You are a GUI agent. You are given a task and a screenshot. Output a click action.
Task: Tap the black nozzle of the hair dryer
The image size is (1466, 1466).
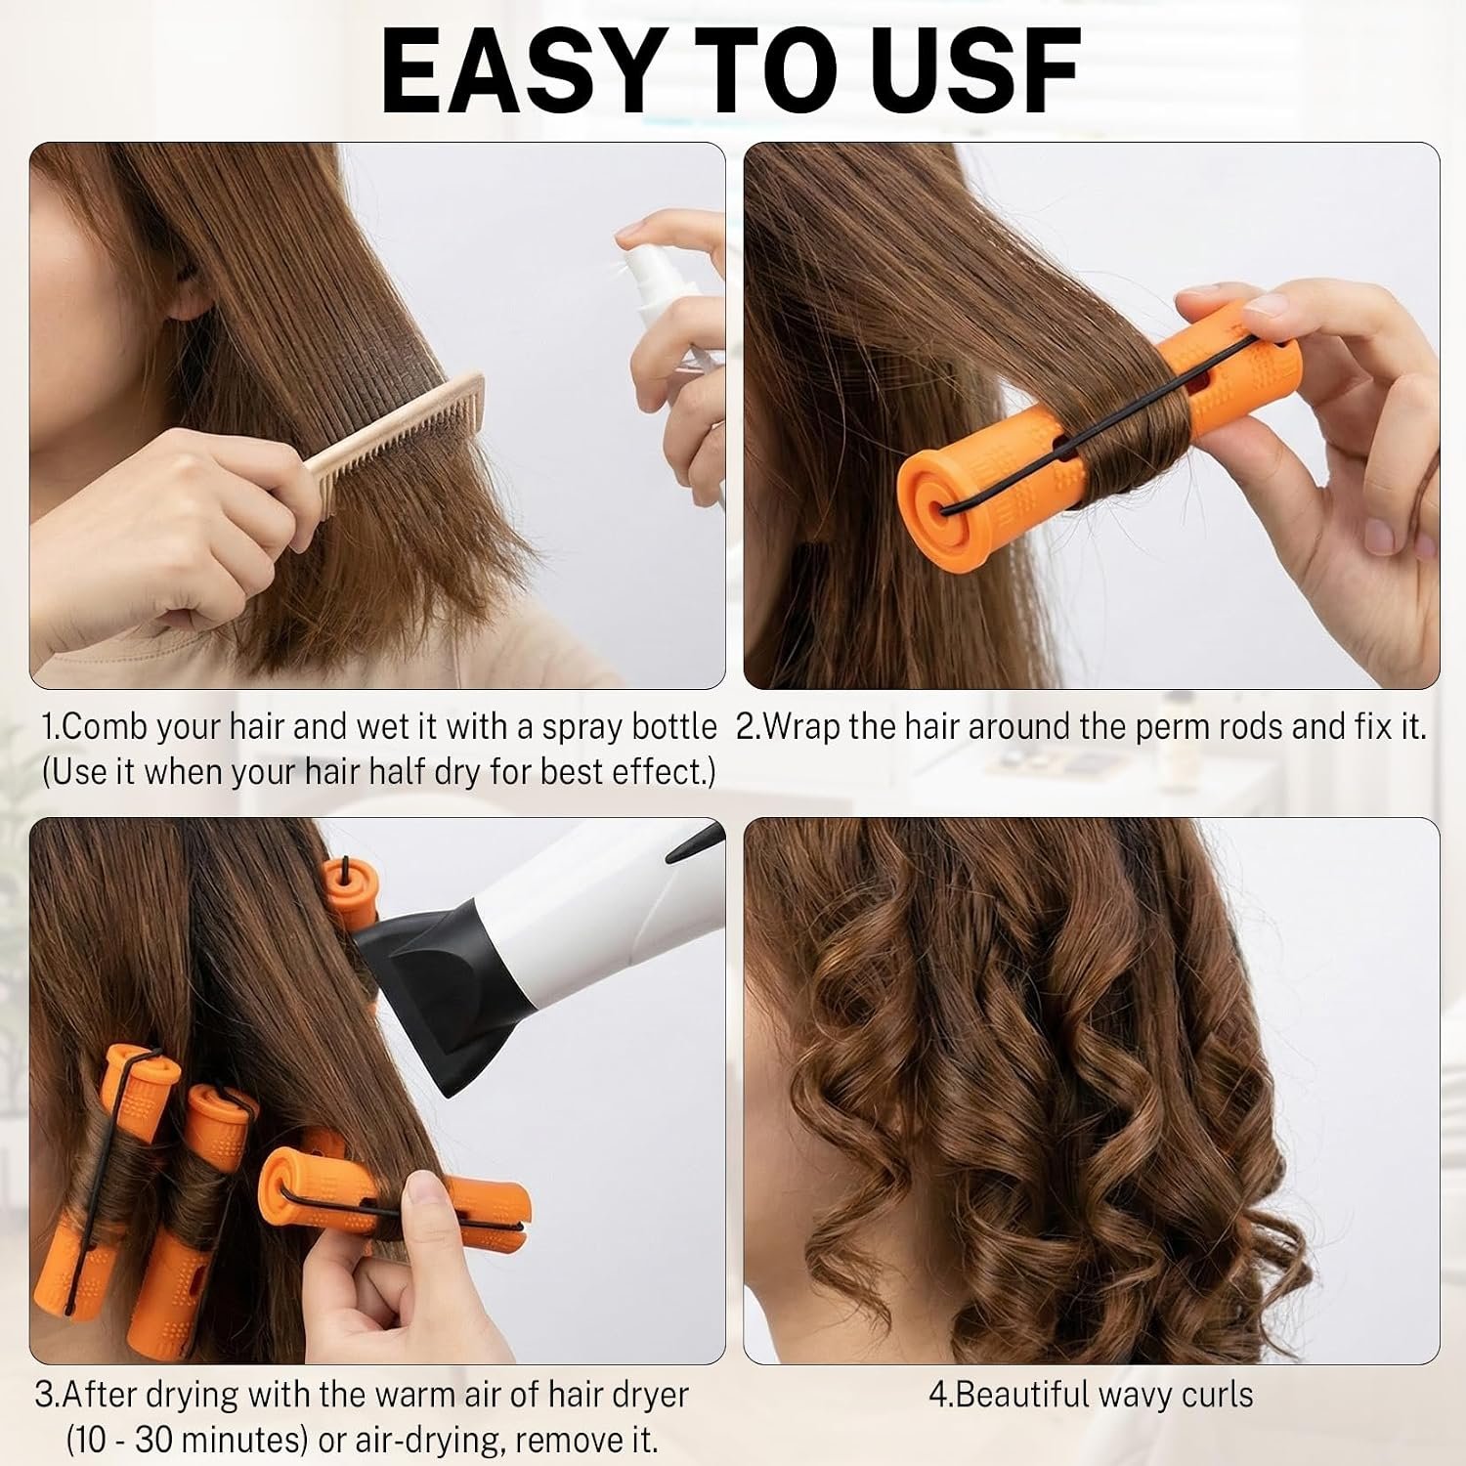(430, 977)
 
